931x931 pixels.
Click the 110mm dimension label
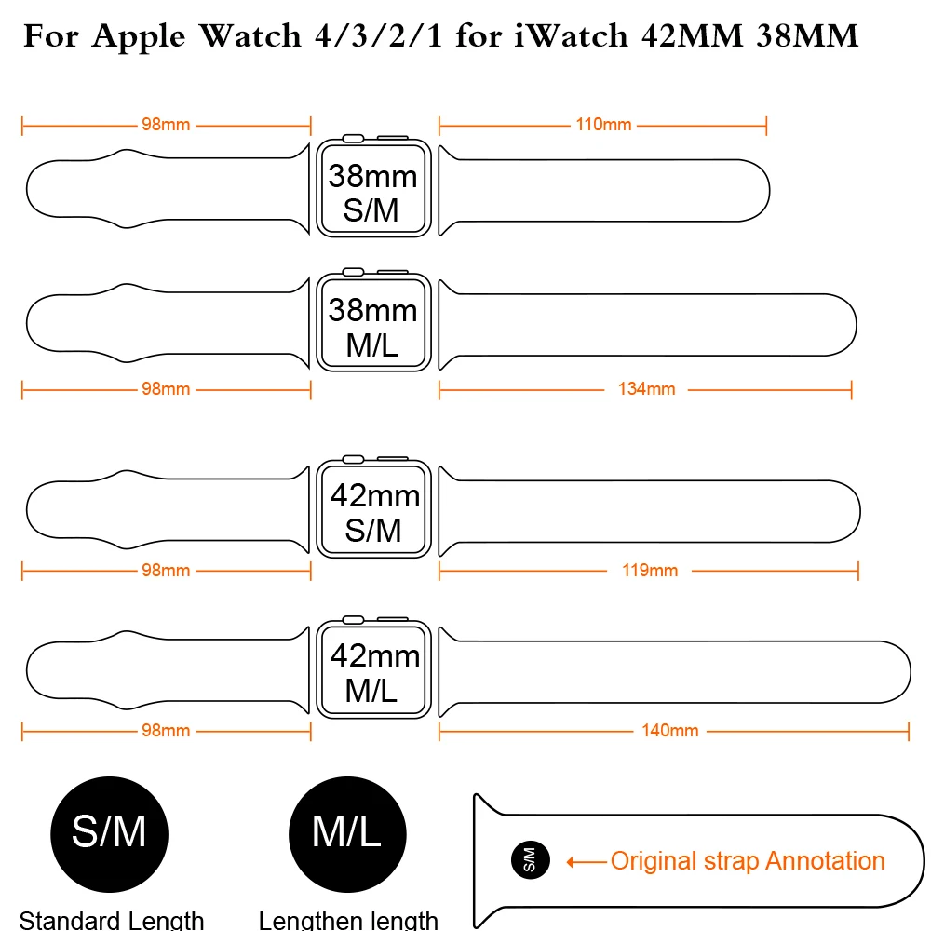[603, 125]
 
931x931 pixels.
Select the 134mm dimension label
[647, 389]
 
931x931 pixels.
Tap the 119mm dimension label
[650, 571]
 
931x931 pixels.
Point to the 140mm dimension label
[669, 730]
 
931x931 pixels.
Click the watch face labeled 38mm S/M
[373, 189]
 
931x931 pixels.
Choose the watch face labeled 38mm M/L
[373, 322]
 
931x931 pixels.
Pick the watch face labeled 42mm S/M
[373, 509]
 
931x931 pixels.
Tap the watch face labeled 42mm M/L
[373, 669]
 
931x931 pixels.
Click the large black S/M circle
[109, 834]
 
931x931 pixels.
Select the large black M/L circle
[347, 834]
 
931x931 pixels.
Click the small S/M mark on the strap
[531, 860]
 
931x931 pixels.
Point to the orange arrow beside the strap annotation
[587, 861]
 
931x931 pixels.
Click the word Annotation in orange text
[825, 861]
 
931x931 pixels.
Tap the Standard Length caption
[112, 920]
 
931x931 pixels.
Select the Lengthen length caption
[348, 920]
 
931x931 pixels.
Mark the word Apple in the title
[139, 37]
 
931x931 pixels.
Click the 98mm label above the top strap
[166, 125]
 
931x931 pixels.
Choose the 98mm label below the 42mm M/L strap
[166, 730]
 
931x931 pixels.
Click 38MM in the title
[807, 35]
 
